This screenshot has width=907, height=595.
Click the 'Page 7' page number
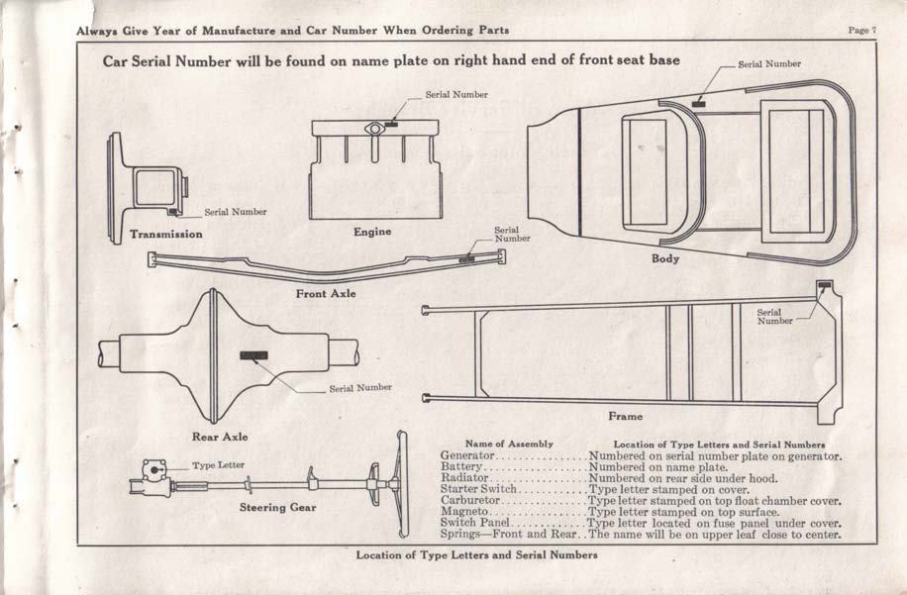click(861, 30)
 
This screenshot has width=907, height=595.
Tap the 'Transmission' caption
click(166, 235)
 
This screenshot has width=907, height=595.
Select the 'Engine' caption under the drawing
click(372, 232)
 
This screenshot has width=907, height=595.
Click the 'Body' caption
click(665, 258)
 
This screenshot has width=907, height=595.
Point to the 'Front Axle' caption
click(326, 294)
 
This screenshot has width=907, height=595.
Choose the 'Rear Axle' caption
click(220, 437)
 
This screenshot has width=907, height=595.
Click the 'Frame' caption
click(625, 417)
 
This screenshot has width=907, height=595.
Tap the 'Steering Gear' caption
click(277, 508)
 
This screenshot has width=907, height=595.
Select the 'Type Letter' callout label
click(218, 464)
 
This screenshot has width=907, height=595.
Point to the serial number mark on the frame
click(824, 285)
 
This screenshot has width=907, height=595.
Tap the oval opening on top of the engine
click(373, 128)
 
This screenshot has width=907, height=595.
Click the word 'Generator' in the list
click(466, 456)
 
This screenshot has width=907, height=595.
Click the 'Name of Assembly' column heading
click(509, 445)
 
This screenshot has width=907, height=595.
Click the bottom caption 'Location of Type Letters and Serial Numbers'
click(476, 555)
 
